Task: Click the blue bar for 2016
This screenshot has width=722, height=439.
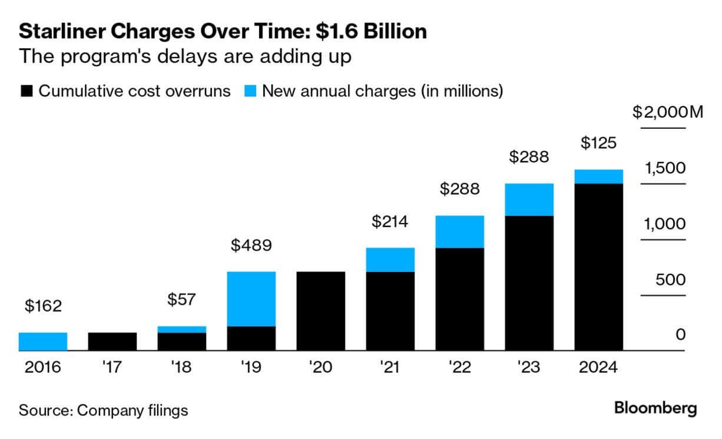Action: tap(43, 342)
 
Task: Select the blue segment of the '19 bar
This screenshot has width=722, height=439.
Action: tap(251, 299)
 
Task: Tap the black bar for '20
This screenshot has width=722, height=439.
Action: tap(321, 311)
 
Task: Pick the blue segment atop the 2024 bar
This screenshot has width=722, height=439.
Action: tap(599, 177)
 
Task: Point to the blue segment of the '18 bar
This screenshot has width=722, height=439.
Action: tap(182, 330)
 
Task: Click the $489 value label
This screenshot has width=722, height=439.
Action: tap(251, 245)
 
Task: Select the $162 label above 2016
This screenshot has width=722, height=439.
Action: tap(43, 306)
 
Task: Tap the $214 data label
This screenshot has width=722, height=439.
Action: tap(390, 222)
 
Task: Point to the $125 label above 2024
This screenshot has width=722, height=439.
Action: tap(599, 143)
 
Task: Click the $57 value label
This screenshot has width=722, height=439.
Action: tap(182, 300)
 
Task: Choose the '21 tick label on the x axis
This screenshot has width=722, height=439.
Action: tap(390, 368)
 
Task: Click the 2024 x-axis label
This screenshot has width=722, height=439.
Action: tap(599, 368)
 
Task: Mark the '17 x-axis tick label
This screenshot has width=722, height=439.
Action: tap(112, 368)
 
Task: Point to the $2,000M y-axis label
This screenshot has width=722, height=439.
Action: tap(668, 112)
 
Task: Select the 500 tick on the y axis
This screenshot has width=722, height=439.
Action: tap(671, 279)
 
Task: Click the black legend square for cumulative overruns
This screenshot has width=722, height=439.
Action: tap(27, 91)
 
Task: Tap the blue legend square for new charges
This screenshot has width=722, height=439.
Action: tap(250, 91)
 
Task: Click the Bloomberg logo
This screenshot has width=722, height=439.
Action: tap(655, 408)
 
